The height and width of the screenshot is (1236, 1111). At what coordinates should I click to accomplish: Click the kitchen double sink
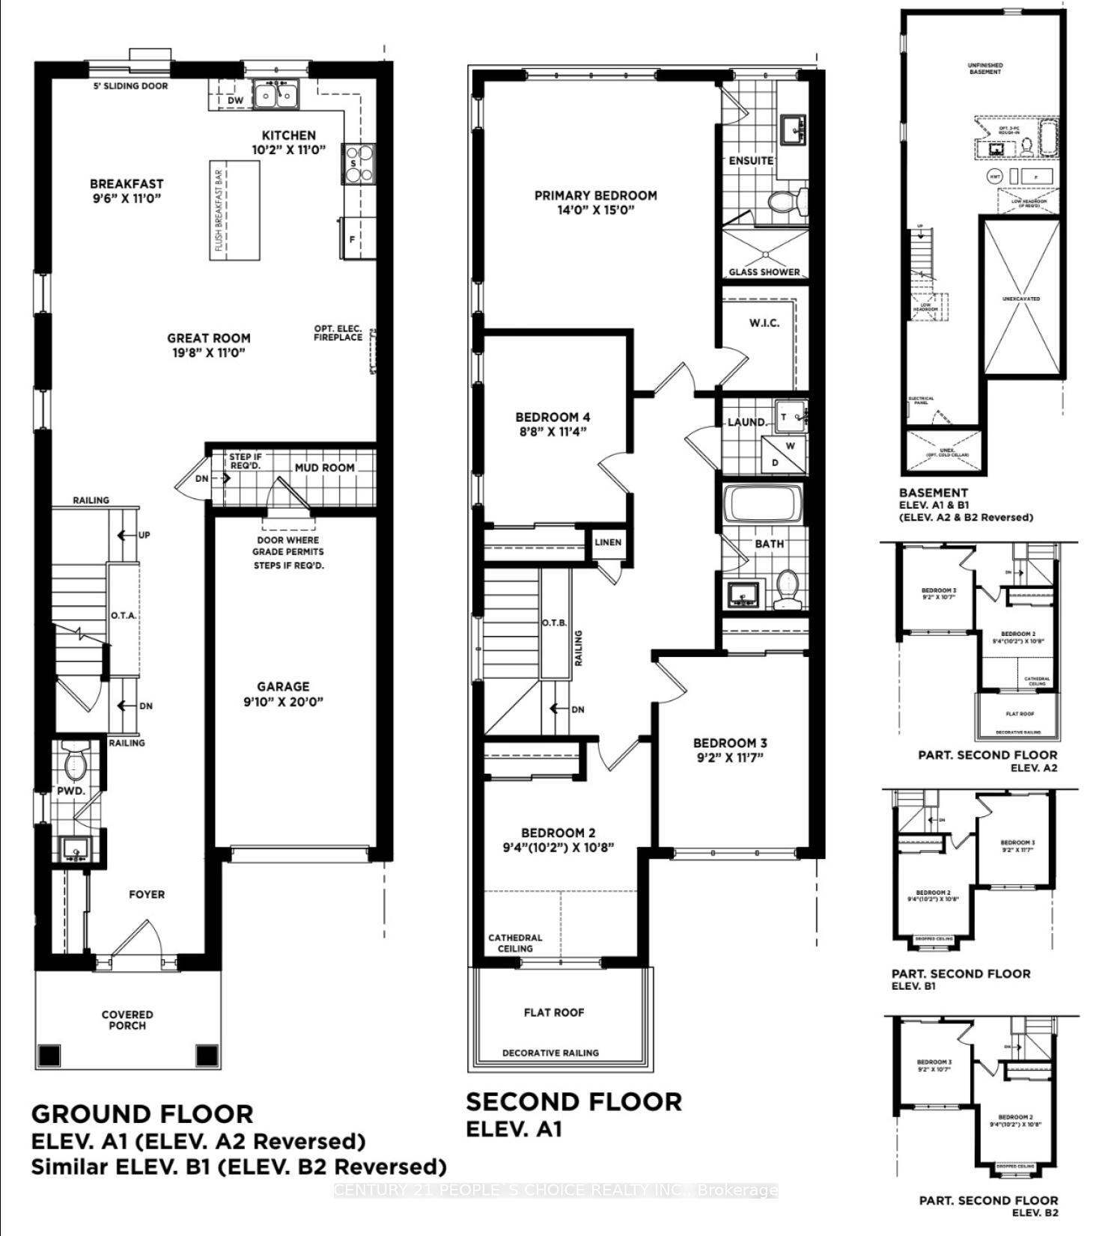275,94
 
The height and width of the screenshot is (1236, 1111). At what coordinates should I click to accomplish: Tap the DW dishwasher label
236,100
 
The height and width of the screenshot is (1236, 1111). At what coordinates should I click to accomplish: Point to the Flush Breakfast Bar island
234,210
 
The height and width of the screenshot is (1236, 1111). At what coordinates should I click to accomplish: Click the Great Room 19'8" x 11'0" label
209,345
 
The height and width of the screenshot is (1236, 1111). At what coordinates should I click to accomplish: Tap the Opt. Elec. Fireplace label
338,334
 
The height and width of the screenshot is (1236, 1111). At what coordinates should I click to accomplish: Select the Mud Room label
324,468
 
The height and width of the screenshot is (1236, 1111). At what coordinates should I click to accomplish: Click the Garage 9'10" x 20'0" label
283,694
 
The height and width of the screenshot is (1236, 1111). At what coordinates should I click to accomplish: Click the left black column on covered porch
49,1055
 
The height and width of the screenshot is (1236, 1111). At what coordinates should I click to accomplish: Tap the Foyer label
147,894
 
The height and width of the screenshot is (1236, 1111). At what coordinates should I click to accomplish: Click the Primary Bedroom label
595,202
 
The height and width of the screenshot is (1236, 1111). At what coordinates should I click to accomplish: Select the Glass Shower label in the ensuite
764,272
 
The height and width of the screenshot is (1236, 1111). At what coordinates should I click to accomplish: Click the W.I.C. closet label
764,322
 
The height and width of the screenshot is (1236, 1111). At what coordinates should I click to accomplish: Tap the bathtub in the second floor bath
765,504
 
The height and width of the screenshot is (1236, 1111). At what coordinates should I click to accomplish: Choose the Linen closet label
608,542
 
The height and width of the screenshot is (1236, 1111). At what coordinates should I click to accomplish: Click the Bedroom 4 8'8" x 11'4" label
558,423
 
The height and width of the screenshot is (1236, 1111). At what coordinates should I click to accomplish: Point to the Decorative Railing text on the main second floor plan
550,1053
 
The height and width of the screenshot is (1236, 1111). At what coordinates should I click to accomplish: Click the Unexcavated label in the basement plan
1021,299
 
